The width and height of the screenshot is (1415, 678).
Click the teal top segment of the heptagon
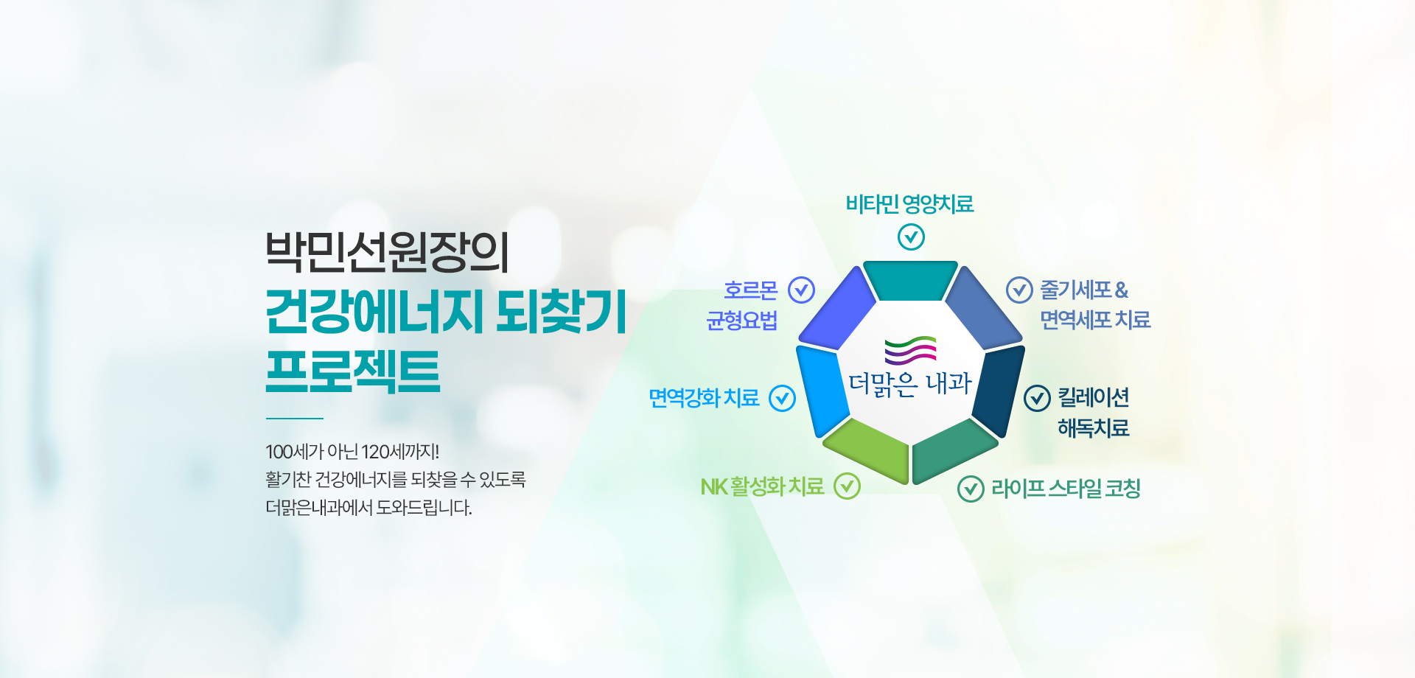click(x=910, y=280)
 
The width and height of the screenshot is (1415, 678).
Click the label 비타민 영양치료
click(x=909, y=204)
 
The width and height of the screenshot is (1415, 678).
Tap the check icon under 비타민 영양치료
click(x=911, y=237)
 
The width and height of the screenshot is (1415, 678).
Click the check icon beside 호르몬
click(x=801, y=290)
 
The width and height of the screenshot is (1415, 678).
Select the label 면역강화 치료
click(x=704, y=398)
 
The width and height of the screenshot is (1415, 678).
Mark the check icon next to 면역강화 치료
click(x=782, y=399)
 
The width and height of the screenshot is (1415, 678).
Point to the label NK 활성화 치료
click(x=762, y=486)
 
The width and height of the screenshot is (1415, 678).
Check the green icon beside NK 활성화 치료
click(x=847, y=486)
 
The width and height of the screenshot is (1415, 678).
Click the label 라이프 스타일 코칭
click(x=1066, y=488)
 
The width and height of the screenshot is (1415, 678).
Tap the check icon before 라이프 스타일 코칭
click(x=971, y=489)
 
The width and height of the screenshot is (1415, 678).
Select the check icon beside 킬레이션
click(x=1037, y=399)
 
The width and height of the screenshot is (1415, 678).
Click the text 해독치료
click(x=1094, y=428)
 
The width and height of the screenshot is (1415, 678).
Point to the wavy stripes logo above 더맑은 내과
click(x=910, y=351)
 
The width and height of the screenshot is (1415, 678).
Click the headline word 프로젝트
click(x=353, y=371)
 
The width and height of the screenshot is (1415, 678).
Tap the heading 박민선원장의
click(x=387, y=252)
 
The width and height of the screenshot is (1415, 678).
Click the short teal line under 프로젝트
click(x=295, y=419)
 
